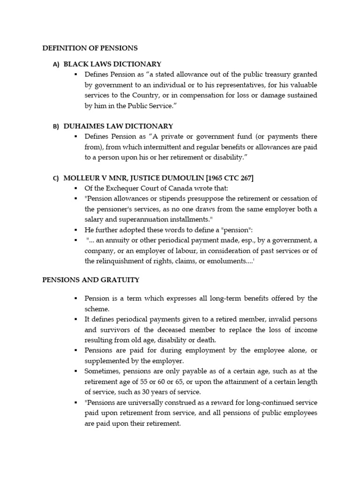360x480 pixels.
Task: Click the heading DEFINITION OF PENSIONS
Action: coord(90,48)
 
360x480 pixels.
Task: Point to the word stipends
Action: coord(170,199)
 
